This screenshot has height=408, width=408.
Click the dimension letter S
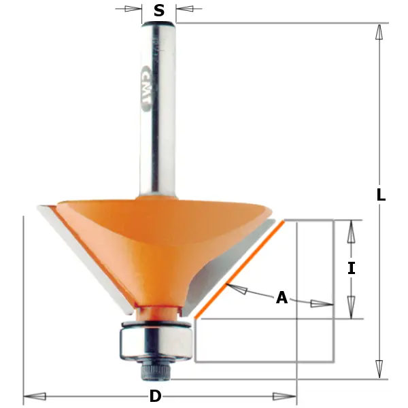pos(159,10)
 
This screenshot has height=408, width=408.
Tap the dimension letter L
pos(381,195)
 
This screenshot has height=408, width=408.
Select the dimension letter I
pos(351,269)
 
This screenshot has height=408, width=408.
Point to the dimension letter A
pos(282,298)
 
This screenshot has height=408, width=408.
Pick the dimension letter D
pos(155,396)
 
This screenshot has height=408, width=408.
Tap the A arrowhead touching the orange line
pos(235,290)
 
